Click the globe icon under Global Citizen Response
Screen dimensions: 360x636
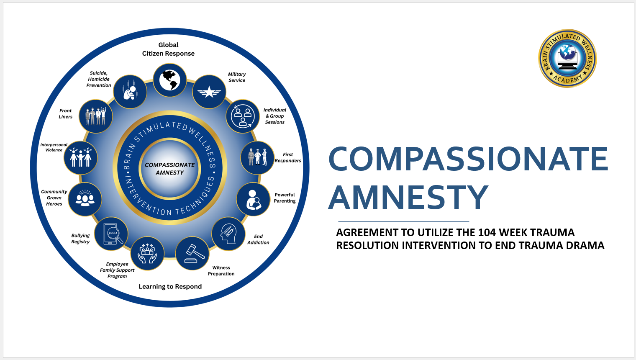169,80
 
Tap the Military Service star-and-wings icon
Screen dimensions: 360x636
209,92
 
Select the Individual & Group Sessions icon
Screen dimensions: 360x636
243,116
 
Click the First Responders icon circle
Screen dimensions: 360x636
257,157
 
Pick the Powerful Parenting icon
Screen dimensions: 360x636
253,199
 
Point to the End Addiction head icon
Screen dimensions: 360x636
228,234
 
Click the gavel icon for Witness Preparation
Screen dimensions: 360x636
192,253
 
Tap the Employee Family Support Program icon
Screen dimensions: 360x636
147,253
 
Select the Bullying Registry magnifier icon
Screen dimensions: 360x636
111,234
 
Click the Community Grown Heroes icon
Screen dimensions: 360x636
85,199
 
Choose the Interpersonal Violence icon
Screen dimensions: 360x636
81,158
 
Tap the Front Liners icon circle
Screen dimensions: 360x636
96,116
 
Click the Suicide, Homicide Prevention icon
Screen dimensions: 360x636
130,92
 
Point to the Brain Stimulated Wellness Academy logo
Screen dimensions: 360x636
567,58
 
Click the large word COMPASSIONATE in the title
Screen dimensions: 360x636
468,159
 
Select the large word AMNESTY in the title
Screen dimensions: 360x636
408,198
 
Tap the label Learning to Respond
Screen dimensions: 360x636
170,287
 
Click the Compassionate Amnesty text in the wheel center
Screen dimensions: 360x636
169,169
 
